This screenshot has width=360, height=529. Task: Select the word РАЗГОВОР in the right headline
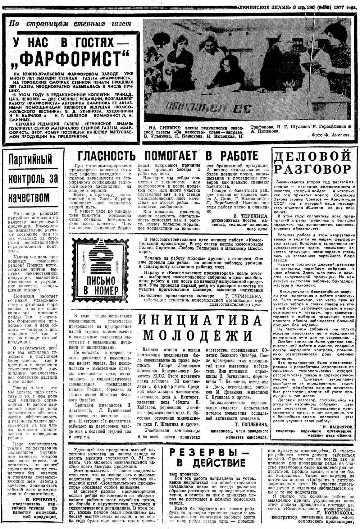coord(313,169)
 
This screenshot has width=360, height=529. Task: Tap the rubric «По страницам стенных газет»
coord(70,24)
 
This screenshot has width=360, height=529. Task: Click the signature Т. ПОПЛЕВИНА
coord(251,424)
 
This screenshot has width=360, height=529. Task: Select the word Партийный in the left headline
coord(30,160)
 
